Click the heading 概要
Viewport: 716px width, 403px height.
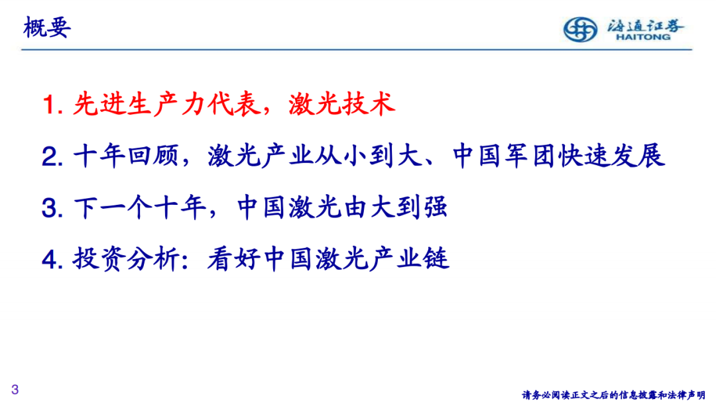[x=47, y=27]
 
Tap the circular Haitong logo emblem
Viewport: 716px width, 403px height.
[x=580, y=30]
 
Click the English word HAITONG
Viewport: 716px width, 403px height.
[x=643, y=37]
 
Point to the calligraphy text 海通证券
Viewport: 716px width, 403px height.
[x=645, y=26]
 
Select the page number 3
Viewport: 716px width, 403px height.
[x=15, y=389]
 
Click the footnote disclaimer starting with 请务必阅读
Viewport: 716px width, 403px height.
[x=614, y=395]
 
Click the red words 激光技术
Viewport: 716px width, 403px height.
[x=341, y=103]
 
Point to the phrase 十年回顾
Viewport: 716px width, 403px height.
[x=126, y=156]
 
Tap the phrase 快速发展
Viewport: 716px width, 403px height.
[x=611, y=156]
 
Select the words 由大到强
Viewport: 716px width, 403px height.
[x=395, y=207]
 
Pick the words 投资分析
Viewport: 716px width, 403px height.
[x=126, y=259]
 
